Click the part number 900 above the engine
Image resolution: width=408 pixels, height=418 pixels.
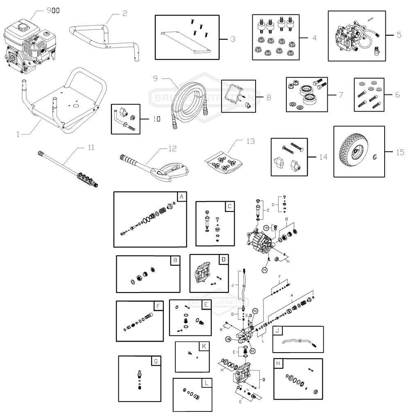coord(52,11)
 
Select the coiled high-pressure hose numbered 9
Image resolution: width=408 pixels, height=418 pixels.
coord(184,102)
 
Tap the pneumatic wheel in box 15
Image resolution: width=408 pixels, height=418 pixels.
coord(354,152)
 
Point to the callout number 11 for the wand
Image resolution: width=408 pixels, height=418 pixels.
coord(91,147)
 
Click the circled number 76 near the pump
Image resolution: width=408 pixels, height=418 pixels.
coord(265,270)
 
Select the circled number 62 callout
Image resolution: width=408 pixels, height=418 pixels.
coord(252,351)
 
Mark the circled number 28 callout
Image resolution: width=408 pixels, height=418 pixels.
coord(228,339)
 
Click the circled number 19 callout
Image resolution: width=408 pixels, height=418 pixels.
coord(266,227)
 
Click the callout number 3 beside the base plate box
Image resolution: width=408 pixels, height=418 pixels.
coord(232,39)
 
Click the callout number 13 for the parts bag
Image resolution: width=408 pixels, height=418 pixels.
coord(250,141)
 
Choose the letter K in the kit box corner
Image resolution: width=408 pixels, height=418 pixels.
coord(204,346)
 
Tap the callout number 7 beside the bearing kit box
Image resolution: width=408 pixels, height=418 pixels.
coord(340,94)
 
